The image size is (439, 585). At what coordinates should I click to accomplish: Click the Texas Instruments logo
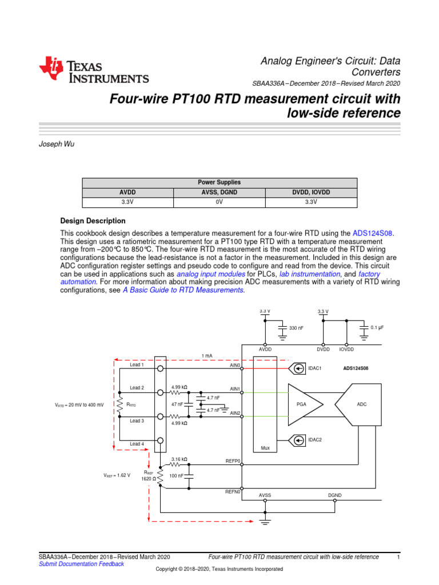(94, 70)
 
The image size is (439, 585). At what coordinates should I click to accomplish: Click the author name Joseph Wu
(57, 145)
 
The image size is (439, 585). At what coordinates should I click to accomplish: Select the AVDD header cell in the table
(127, 193)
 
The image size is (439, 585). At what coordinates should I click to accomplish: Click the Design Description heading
(93, 221)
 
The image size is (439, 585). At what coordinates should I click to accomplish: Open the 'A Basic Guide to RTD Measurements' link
(183, 290)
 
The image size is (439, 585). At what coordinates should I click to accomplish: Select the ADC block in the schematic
(361, 404)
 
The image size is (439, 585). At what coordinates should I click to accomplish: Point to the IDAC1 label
(316, 368)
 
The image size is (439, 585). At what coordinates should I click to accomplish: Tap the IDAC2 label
(316, 439)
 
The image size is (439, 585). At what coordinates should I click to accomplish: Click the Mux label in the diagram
(265, 448)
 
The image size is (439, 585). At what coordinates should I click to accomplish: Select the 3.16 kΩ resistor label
(179, 459)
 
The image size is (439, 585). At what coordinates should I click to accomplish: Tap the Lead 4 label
(137, 444)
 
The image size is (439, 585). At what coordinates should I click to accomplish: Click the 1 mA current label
(207, 355)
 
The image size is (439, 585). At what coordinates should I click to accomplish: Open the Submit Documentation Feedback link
(81, 564)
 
